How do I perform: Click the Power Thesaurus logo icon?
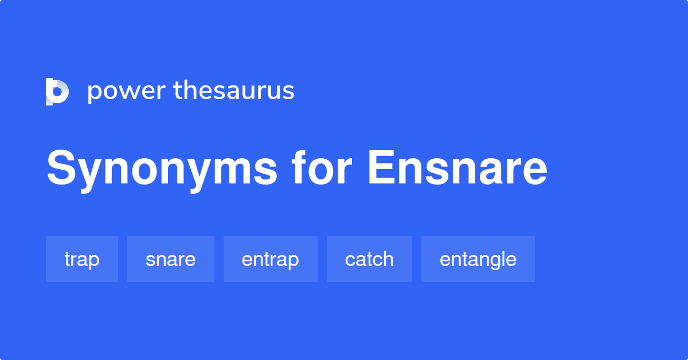pos(57,92)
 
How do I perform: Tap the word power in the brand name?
pos(126,92)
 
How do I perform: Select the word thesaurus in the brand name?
pos(234,92)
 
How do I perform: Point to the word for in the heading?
pos(321,169)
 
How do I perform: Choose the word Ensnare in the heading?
pos(458,169)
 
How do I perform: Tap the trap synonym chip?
pos(82,259)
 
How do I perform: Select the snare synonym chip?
pos(171,259)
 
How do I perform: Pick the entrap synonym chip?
pos(271,259)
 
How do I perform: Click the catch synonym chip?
pos(369,259)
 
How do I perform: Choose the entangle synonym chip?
pos(478,259)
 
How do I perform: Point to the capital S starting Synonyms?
pos(62,169)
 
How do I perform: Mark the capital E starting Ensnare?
pos(381,169)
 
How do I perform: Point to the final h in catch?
pos(388,259)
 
